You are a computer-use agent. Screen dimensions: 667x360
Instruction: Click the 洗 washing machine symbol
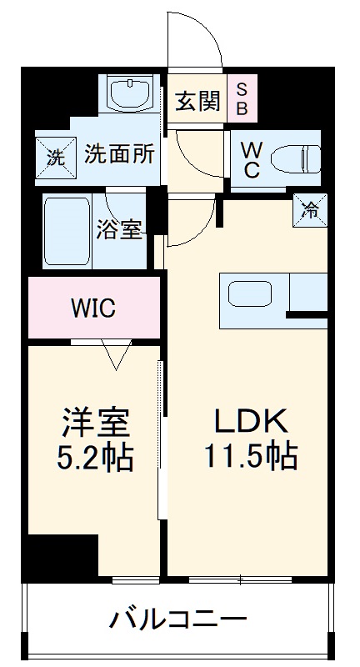(54, 156)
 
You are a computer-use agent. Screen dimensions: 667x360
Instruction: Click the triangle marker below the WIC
(116, 354)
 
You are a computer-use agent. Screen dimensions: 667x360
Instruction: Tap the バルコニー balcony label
(179, 619)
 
